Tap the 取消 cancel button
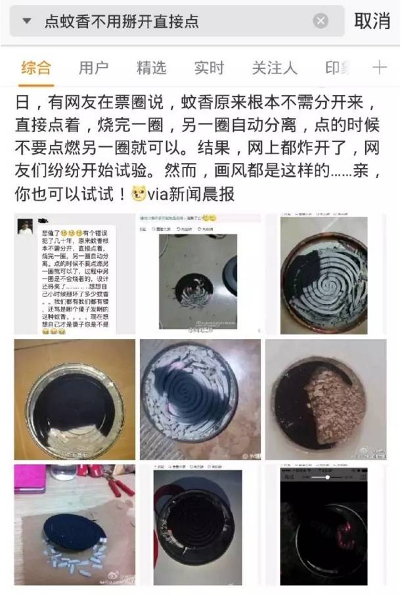click(372, 21)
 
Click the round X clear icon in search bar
click(321, 22)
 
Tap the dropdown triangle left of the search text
click(26, 22)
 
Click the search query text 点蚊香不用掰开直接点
click(121, 22)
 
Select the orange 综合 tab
click(35, 67)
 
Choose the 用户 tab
click(93, 67)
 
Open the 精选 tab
click(151, 67)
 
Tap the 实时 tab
click(209, 67)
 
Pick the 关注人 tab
click(275, 67)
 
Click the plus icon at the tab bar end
click(380, 67)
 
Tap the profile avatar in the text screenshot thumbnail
click(25, 227)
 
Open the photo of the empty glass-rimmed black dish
click(74, 399)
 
